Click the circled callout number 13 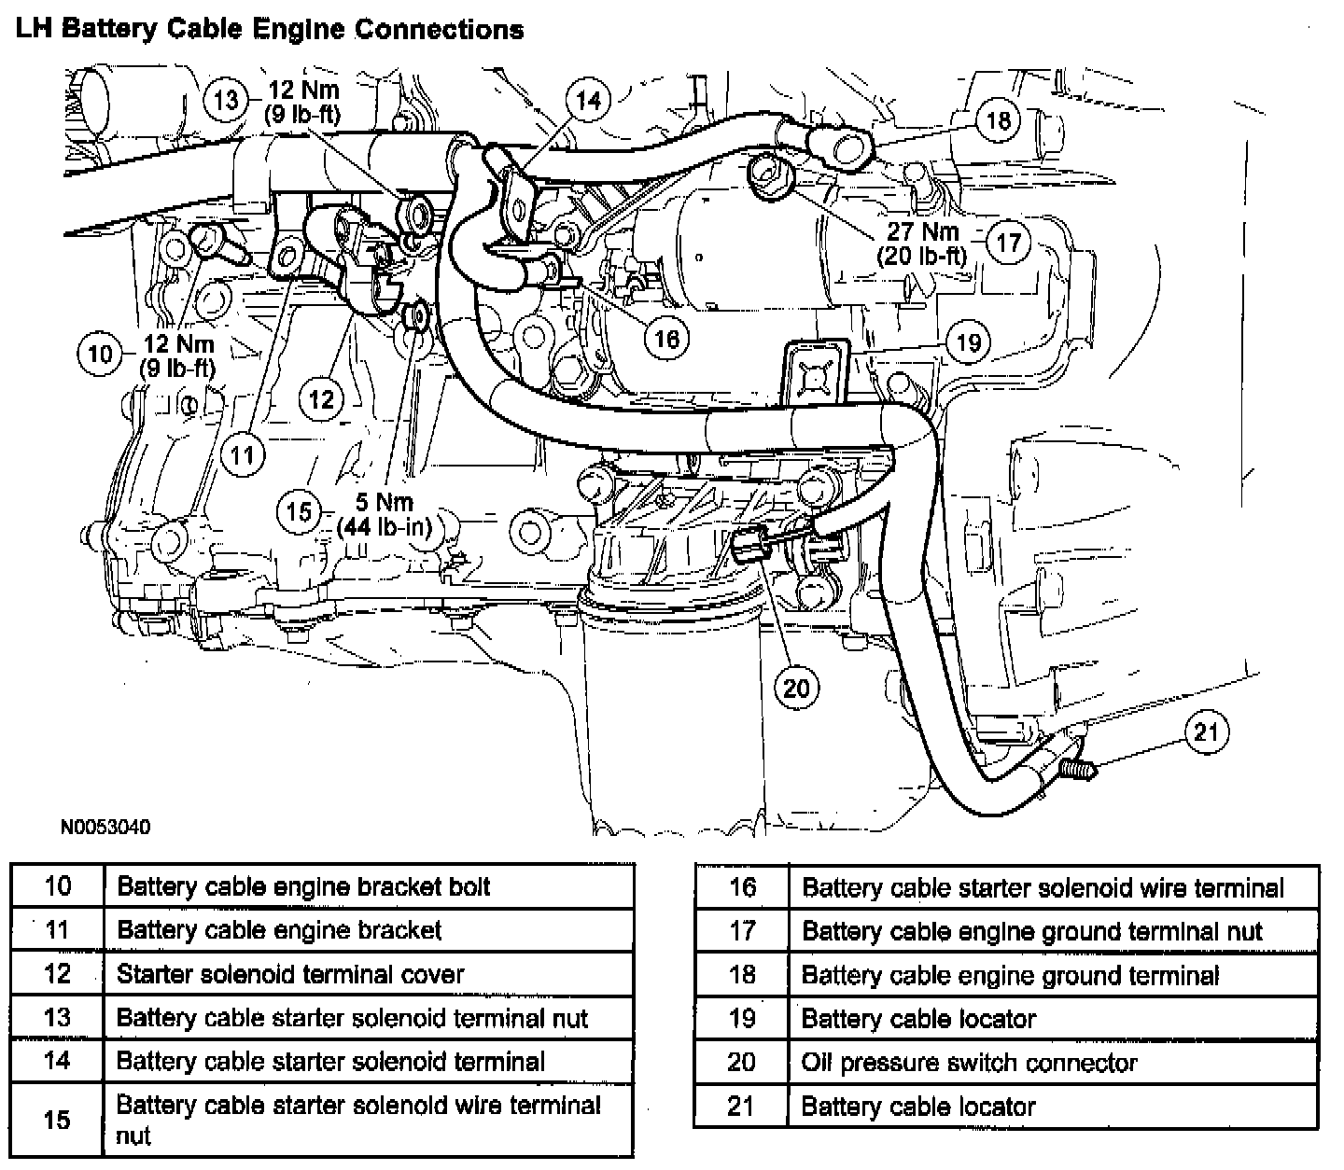click(x=226, y=98)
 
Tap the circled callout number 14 click(x=588, y=100)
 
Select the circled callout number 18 click(x=998, y=119)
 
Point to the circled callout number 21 click(x=1207, y=732)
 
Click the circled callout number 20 click(x=796, y=689)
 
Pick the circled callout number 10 click(x=100, y=354)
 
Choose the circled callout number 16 click(x=666, y=337)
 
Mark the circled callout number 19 click(x=969, y=342)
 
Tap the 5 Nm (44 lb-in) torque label click(x=384, y=515)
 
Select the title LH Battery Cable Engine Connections click(x=270, y=30)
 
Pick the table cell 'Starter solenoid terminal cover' click(x=290, y=974)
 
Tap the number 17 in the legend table click(x=742, y=930)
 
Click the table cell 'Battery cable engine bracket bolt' click(x=303, y=885)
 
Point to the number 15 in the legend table click(x=57, y=1119)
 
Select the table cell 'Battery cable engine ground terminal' click(x=1011, y=975)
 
